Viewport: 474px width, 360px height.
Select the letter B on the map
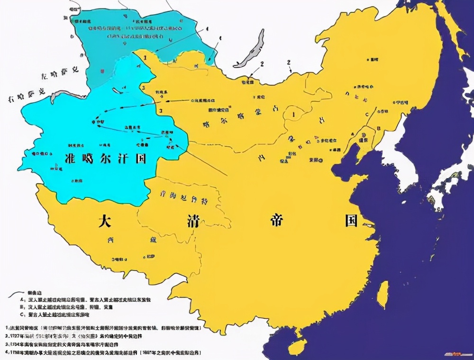coord(378,128)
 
